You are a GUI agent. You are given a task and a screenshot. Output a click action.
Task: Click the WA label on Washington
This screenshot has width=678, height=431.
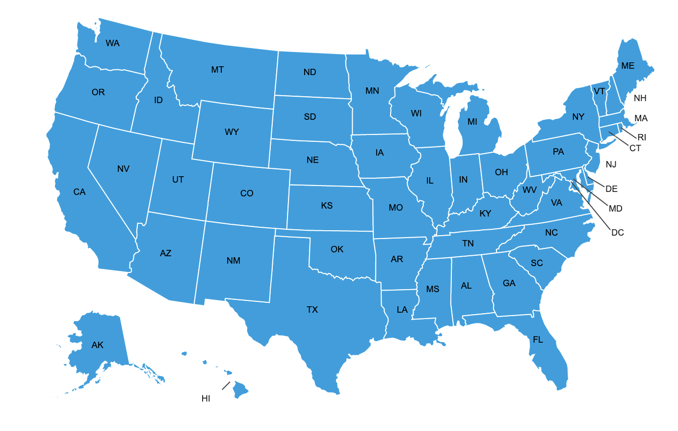pyautogui.click(x=112, y=43)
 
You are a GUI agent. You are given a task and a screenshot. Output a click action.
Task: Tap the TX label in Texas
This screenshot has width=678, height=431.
pyautogui.click(x=312, y=310)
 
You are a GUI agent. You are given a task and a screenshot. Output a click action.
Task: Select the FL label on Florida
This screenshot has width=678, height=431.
pyautogui.click(x=538, y=340)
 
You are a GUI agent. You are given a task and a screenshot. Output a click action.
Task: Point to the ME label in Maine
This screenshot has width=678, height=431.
pyautogui.click(x=627, y=66)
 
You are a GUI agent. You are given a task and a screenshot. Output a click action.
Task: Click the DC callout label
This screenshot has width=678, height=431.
pyautogui.click(x=617, y=233)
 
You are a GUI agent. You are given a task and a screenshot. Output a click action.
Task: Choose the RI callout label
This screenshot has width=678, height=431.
pyautogui.click(x=642, y=137)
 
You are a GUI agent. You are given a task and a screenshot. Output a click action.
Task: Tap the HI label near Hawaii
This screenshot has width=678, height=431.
pyautogui.click(x=206, y=399)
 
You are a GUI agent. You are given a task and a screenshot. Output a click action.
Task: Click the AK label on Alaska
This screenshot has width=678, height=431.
pyautogui.click(x=97, y=345)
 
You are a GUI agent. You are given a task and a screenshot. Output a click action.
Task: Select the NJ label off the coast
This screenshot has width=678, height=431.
pyautogui.click(x=611, y=164)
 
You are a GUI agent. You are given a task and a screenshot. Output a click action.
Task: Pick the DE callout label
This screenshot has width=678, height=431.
pyautogui.click(x=611, y=189)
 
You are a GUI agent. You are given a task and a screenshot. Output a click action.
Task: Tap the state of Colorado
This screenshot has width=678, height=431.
pyautogui.click(x=247, y=201)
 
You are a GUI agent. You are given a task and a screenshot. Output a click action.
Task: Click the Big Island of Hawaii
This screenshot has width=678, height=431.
pyautogui.click(x=240, y=390)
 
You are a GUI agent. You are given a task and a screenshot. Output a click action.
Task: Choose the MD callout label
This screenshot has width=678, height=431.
pyautogui.click(x=615, y=209)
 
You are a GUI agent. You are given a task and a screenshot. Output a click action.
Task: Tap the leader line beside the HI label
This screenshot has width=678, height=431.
pyautogui.click(x=226, y=386)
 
